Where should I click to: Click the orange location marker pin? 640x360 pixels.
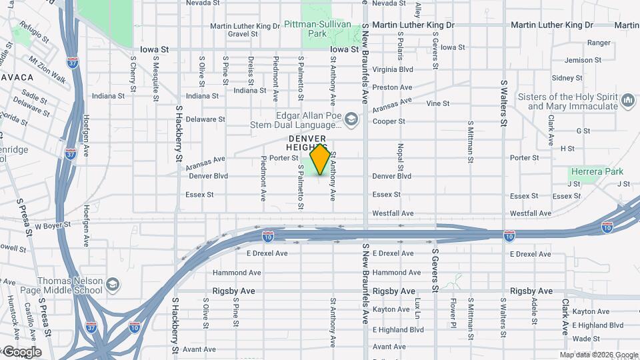[320, 159]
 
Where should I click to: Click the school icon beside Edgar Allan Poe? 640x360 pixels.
[351, 120]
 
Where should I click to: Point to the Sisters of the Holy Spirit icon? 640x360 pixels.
[627, 101]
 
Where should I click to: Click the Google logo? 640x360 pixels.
[21, 352]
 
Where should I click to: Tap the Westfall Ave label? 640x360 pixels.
[393, 213]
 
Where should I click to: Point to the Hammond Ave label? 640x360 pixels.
[237, 273]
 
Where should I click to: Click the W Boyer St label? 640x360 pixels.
[53, 226]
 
